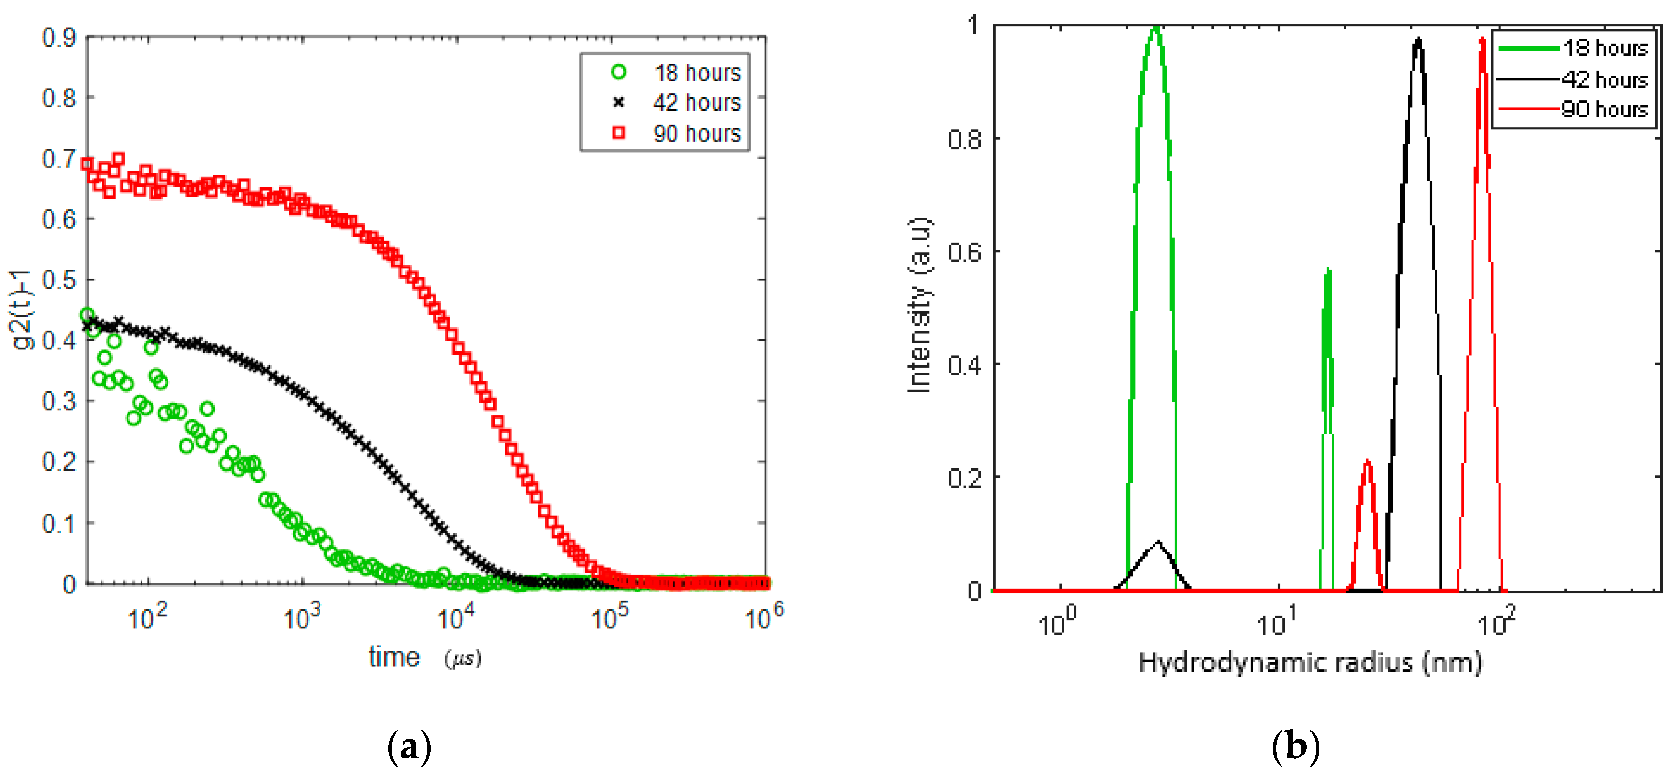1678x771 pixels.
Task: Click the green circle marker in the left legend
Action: point(618,72)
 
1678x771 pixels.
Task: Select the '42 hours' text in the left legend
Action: point(697,103)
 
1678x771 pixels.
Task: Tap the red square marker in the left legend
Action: point(618,133)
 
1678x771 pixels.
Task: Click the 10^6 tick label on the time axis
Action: point(763,616)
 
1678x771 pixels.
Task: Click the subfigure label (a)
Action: point(409,747)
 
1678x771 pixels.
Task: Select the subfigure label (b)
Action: point(1295,747)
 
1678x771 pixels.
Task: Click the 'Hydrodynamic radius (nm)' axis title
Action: point(1310,662)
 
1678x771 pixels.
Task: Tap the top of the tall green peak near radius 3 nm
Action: point(1155,29)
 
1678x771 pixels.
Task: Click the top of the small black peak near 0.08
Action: point(1158,541)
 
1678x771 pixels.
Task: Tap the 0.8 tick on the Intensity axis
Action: point(964,139)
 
